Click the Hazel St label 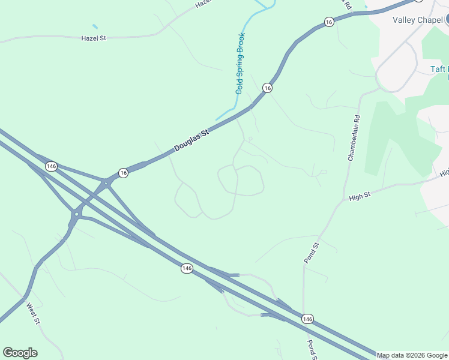point(93,38)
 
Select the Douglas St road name point(191,140)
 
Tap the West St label point(33,313)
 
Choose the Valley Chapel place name point(417,20)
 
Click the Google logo point(20,353)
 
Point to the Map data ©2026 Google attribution point(412,355)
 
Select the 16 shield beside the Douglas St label point(123,172)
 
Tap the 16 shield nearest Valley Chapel point(328,22)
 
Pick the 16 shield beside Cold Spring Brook point(267,88)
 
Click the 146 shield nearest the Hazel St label point(51,166)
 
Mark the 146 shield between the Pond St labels point(307,318)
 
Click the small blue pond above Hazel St point(95,26)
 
